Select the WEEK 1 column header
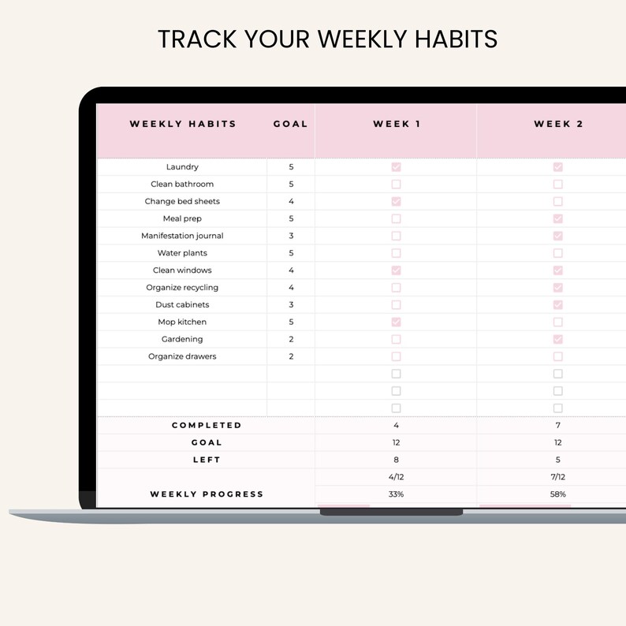pos(396,124)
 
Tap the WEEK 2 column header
pos(558,124)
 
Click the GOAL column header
pos(290,124)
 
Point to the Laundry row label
pos(182,167)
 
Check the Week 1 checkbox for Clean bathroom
pos(396,184)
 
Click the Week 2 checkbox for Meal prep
pos(558,218)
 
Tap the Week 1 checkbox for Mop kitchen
pos(396,322)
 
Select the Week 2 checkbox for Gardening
pos(558,339)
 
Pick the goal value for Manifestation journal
pos(291,236)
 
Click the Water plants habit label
pos(182,253)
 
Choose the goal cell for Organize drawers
pos(291,356)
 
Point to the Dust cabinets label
pos(182,304)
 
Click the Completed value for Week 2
pos(558,425)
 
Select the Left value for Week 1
pos(396,460)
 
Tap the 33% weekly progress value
pos(396,494)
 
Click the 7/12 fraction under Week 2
pos(558,477)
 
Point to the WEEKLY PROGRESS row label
pos(207,494)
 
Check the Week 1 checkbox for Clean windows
pos(396,270)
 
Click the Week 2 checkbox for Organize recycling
pos(558,288)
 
